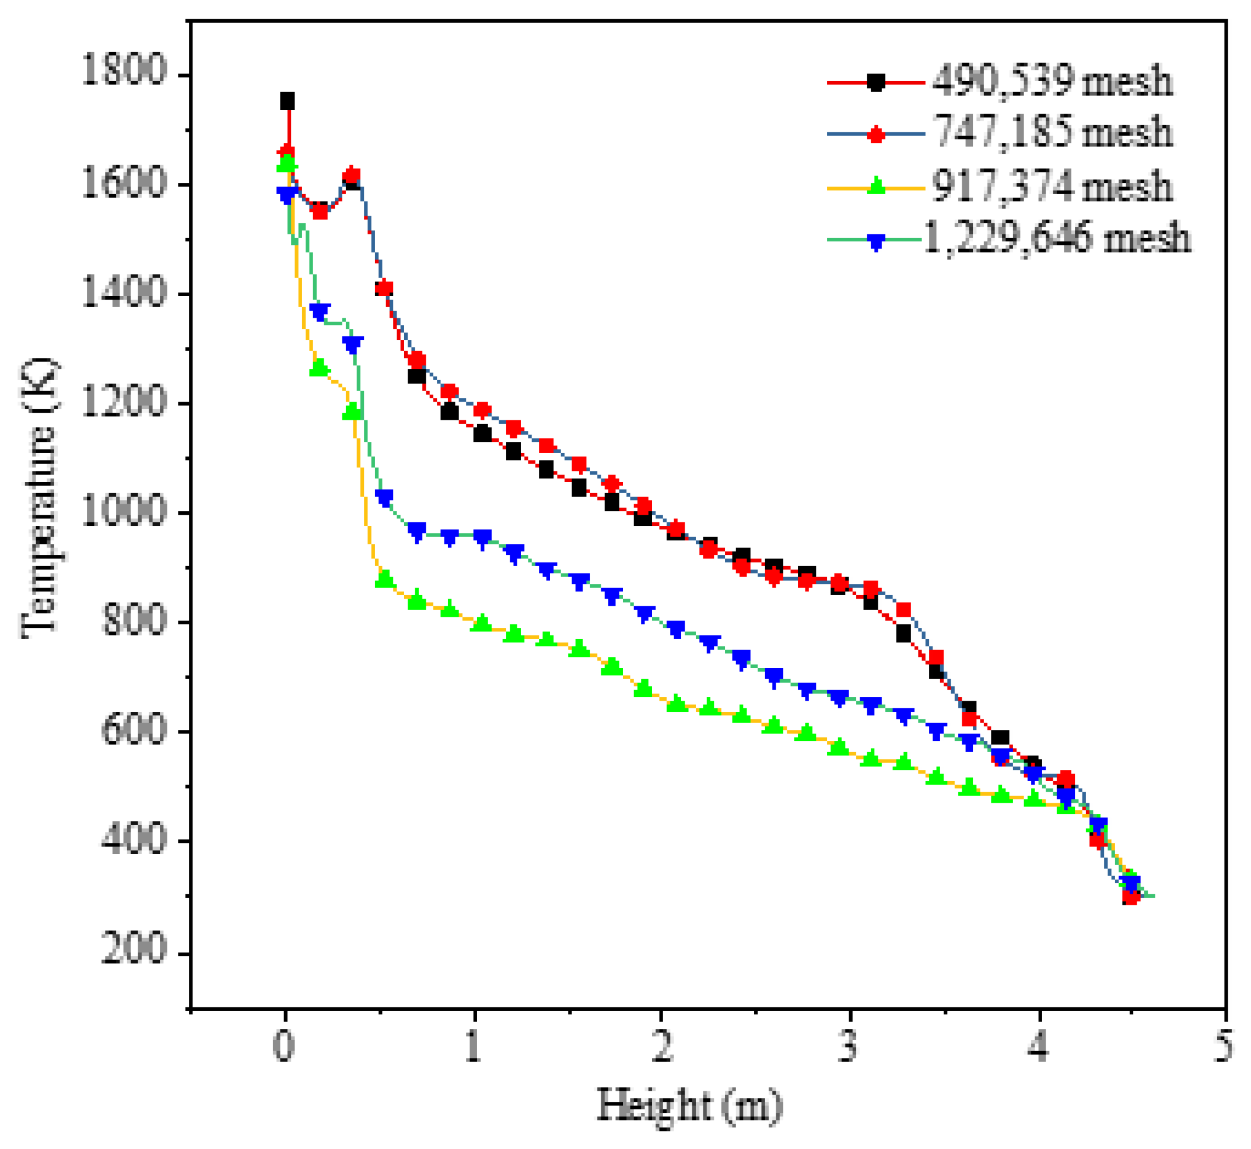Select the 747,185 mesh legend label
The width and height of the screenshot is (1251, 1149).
(x=1053, y=132)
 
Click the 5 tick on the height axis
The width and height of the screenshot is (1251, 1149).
(x=1223, y=1046)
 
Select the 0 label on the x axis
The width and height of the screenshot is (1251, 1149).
(x=283, y=1046)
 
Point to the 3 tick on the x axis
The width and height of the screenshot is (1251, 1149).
(x=847, y=1046)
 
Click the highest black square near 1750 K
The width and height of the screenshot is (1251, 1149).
(x=287, y=101)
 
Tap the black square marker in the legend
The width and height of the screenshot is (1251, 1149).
(x=875, y=82)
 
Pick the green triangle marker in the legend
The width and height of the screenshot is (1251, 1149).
(x=875, y=185)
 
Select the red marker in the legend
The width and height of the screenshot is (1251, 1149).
(x=875, y=133)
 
